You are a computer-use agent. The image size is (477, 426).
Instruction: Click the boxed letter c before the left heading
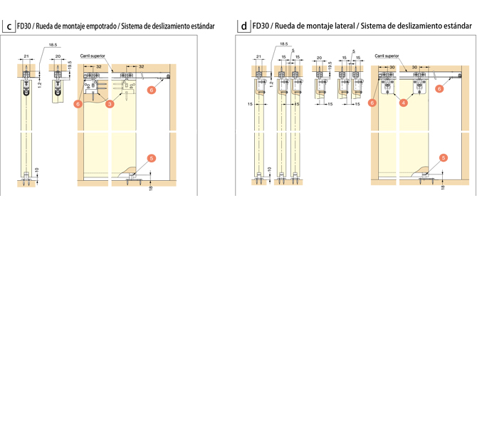[x=9, y=28]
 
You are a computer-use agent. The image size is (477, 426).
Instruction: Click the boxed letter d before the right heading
[x=243, y=28]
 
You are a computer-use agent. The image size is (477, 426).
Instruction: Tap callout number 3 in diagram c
[x=110, y=104]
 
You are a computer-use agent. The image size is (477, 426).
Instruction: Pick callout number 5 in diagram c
[x=149, y=157]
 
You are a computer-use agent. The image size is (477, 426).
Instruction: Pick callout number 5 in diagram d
[x=443, y=157]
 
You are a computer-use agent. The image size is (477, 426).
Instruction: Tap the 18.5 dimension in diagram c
[x=53, y=46]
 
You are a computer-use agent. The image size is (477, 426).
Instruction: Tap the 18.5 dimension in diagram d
[x=283, y=44]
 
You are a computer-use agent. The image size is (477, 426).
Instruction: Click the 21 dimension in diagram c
[x=26, y=55]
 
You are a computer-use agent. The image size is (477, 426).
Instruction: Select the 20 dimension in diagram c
[x=58, y=56]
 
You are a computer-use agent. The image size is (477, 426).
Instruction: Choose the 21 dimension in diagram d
[x=258, y=56]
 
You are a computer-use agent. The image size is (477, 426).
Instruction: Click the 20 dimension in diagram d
[x=319, y=56]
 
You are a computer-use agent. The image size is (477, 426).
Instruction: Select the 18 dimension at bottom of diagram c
[x=151, y=188]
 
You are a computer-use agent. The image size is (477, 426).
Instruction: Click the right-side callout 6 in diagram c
[x=151, y=90]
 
